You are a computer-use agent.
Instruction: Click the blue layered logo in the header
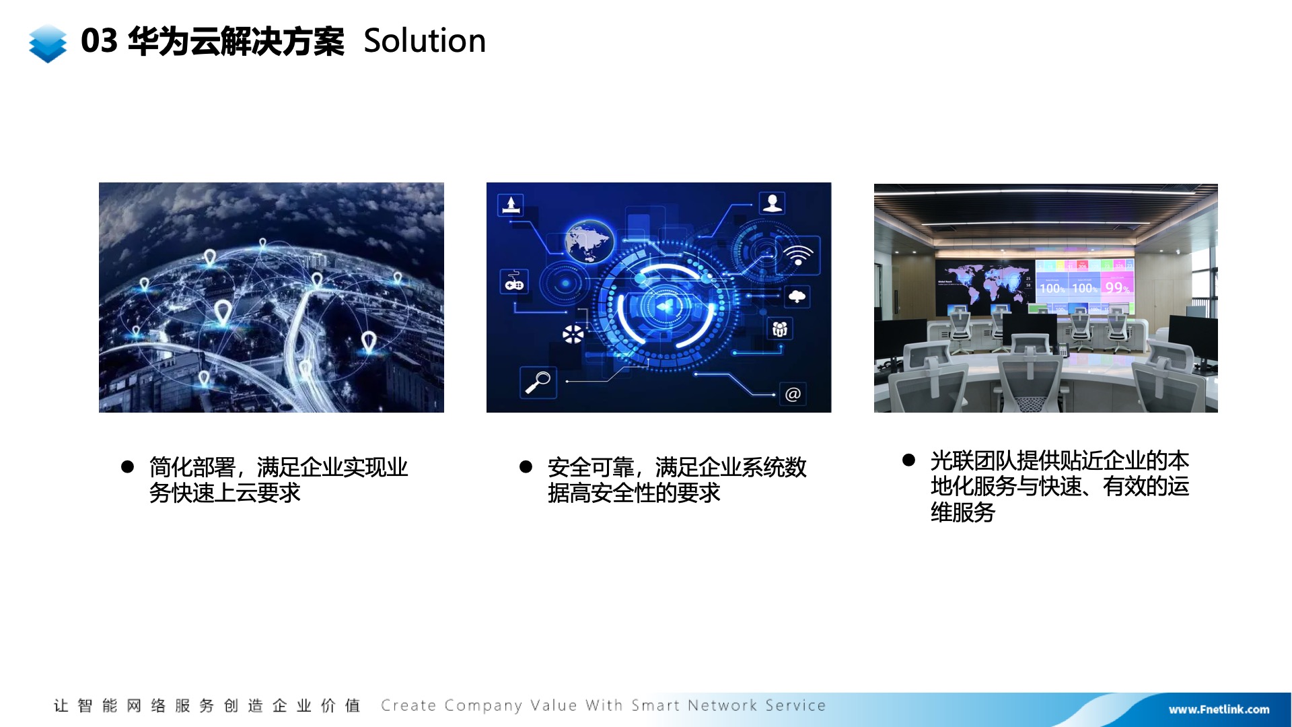[x=48, y=44]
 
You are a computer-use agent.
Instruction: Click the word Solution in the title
[x=425, y=41]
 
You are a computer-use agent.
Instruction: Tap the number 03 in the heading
[x=99, y=41]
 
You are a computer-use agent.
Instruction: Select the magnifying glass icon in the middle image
[x=538, y=382]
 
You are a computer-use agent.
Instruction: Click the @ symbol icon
[x=793, y=394]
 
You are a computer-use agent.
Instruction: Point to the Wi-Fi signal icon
[x=798, y=255]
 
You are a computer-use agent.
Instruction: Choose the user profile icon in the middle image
[x=773, y=203]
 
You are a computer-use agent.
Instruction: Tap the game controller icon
[x=515, y=282]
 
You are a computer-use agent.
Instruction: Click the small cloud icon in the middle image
[x=797, y=296]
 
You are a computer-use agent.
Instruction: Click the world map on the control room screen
[x=984, y=283]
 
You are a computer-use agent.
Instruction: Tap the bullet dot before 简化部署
[x=127, y=466]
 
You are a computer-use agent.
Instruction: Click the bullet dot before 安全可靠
[x=526, y=466]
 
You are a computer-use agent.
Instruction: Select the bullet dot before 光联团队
[x=908, y=460]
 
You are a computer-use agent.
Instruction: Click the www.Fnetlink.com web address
[x=1219, y=709]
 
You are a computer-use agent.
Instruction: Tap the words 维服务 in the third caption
[x=963, y=513]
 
